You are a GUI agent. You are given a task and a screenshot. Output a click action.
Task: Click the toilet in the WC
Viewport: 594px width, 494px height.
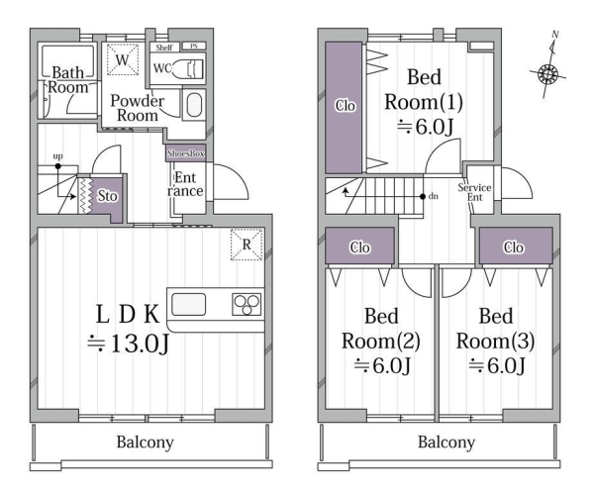pos(189,69)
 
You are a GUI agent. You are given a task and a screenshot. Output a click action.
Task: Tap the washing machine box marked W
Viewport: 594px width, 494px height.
pos(123,59)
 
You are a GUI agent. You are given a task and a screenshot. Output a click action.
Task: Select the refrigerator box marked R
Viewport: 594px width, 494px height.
pos(247,244)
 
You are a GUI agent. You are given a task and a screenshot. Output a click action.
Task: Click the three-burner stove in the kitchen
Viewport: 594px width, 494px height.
pos(247,304)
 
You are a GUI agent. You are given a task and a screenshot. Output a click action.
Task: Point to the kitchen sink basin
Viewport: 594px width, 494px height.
pos(189,304)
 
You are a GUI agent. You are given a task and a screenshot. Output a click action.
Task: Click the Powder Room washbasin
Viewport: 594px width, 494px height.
pos(194,105)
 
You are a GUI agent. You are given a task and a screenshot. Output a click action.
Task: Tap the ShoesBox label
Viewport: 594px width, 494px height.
pos(186,153)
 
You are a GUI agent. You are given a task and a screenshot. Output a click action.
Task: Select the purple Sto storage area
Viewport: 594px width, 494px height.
pos(106,198)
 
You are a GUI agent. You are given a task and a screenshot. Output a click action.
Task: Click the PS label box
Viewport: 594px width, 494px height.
pos(194,47)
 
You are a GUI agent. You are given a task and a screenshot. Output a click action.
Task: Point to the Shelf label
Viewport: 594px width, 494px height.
pos(164,48)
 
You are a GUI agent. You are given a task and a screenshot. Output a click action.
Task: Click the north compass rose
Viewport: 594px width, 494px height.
pos(548,73)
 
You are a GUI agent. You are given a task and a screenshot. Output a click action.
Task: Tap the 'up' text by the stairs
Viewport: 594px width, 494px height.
pos(57,156)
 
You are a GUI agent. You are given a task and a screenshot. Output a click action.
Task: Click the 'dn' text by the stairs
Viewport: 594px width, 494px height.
pos(434,196)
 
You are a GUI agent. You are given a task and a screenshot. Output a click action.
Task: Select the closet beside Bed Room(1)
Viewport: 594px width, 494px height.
pos(344,108)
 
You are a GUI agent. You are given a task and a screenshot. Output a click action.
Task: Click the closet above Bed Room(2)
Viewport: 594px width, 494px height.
pos(359,247)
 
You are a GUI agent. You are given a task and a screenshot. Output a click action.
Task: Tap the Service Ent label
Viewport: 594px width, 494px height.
pos(474,192)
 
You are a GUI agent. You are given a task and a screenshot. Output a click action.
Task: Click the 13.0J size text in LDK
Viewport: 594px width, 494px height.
pos(128,344)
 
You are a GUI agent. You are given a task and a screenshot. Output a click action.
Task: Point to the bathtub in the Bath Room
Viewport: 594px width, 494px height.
pos(67,61)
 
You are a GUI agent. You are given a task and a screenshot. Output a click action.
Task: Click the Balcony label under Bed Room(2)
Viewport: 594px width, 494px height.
pos(446,443)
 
